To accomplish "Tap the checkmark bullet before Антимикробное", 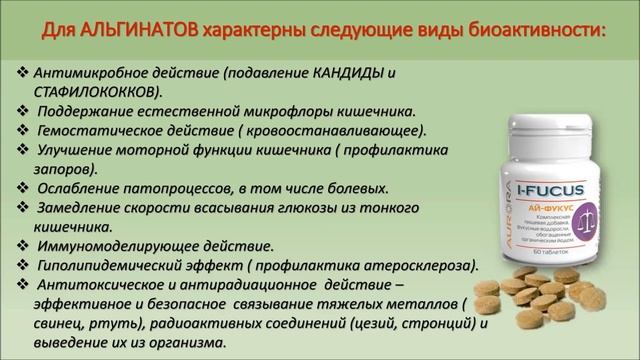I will pyautogui.click(x=23, y=73).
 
